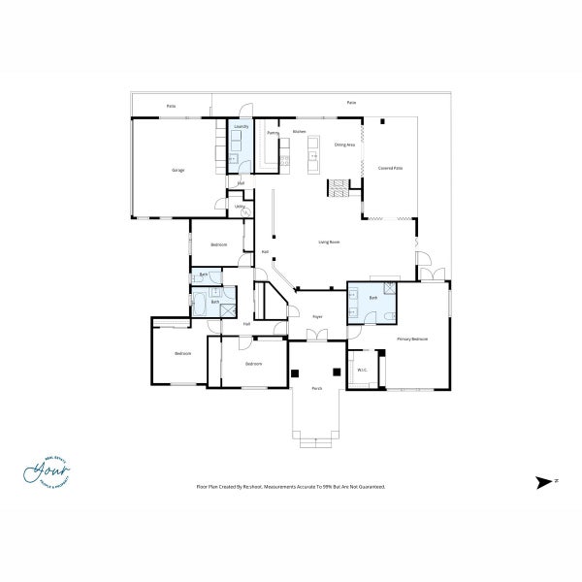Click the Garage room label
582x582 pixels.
point(178,171)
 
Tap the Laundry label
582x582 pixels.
point(240,126)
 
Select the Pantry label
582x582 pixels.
point(274,132)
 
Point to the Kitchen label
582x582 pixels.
point(300,131)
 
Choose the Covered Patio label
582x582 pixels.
point(390,168)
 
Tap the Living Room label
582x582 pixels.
point(328,242)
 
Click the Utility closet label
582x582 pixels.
point(239,206)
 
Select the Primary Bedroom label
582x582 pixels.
point(412,339)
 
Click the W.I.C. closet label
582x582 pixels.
point(361,369)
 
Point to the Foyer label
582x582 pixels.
point(316,316)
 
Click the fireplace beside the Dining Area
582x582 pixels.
point(338,188)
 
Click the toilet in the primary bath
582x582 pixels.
point(389,287)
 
